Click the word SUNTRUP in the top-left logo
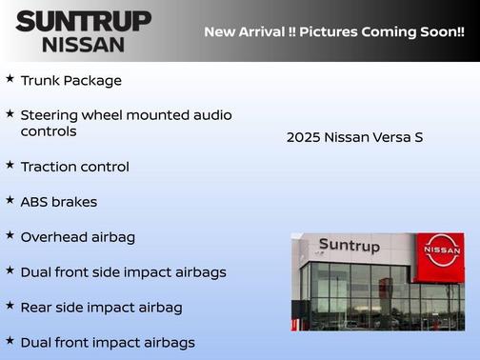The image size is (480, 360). click(84, 21)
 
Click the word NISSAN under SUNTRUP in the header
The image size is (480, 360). click(84, 44)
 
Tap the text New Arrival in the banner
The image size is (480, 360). click(243, 31)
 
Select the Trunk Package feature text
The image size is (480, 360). click(70, 81)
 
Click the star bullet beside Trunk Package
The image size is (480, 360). click(10, 79)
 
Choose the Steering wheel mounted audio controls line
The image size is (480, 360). click(126, 123)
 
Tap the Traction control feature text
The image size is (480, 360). click(74, 167)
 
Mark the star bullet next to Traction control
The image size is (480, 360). click(10, 165)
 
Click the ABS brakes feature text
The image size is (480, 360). click(59, 202)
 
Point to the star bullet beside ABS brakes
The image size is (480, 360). click(10, 200)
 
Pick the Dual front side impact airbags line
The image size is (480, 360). click(123, 272)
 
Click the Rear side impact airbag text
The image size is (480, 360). click(101, 308)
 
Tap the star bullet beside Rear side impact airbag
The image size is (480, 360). click(10, 306)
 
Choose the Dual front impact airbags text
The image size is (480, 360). click(108, 343)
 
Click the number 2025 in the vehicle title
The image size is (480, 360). click(303, 138)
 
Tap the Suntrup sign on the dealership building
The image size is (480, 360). click(349, 246)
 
